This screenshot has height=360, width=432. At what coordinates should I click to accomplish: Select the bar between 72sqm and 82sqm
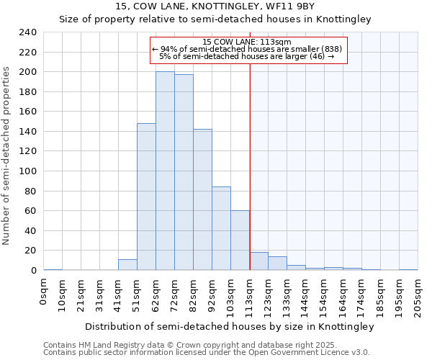(184, 172)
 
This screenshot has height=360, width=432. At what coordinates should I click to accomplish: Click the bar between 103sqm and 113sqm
(240, 240)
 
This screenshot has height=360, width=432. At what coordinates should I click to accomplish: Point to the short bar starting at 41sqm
(127, 265)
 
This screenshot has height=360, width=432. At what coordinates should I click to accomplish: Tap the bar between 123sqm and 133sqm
(277, 264)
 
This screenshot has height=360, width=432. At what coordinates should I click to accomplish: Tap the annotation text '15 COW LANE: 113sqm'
(247, 42)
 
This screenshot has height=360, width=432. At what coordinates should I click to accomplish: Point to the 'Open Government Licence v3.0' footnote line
(207, 353)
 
